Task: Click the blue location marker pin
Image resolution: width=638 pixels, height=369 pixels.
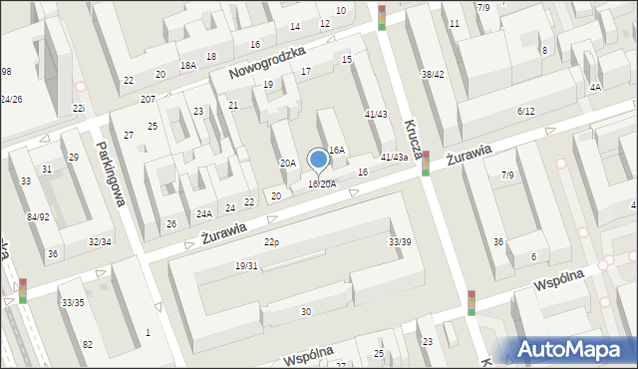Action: point(319,160)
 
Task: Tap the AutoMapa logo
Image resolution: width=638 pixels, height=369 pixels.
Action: point(570,350)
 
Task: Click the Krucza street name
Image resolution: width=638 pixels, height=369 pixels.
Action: point(412,137)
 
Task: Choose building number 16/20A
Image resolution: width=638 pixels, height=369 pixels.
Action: point(322,184)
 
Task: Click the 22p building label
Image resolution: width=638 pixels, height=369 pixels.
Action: point(270,242)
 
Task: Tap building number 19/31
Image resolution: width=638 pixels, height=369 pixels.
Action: point(246,265)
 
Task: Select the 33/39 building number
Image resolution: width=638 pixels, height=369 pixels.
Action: point(400,242)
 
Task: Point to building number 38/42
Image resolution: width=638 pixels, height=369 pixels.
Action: point(433,75)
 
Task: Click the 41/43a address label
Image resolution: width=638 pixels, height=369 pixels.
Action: point(395,157)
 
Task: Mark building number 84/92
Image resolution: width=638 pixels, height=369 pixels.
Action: point(38,216)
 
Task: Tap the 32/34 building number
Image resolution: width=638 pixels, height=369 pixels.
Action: point(101,241)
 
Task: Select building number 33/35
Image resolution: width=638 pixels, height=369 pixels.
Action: point(72,302)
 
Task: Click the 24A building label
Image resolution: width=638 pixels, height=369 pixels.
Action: point(203,213)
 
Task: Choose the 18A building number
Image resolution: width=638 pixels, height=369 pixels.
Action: point(187,65)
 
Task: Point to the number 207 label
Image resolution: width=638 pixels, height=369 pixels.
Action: point(148,100)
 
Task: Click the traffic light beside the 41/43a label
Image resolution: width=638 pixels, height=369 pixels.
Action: point(426,163)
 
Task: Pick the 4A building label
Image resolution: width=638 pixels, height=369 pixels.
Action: point(595,87)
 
